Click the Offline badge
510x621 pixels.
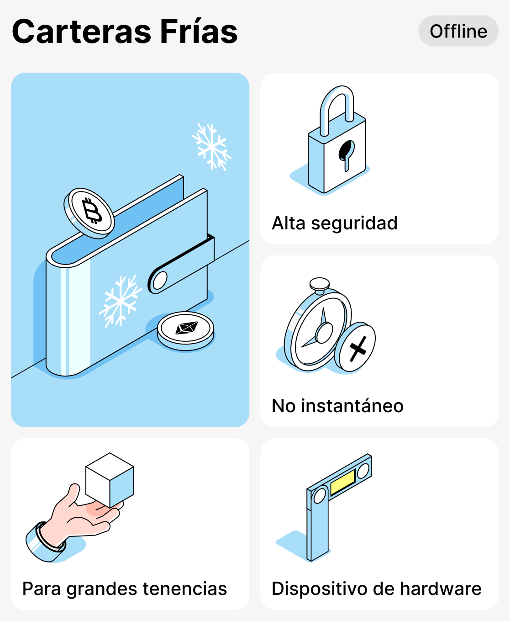(x=458, y=31)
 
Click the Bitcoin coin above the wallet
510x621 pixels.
(x=90, y=212)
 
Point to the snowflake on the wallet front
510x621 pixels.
(x=120, y=301)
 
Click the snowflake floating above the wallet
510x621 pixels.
(x=211, y=146)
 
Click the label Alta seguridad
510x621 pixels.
(x=335, y=223)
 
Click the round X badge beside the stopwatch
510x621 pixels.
(x=356, y=347)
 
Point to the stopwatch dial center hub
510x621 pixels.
(x=325, y=332)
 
